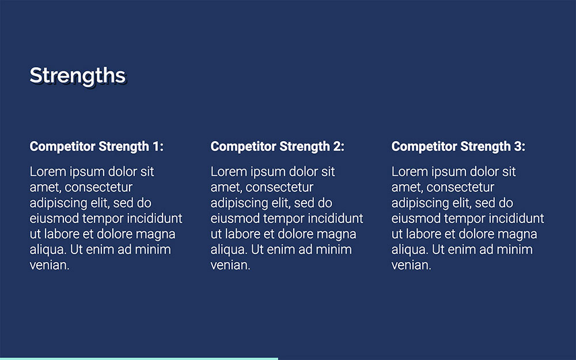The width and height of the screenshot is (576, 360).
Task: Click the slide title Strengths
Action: pyautogui.click(x=77, y=75)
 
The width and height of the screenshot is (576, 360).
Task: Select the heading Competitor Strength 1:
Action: pyautogui.click(x=96, y=146)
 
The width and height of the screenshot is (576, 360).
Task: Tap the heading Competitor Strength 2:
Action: pyautogui.click(x=277, y=146)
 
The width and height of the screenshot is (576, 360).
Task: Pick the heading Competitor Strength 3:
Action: pyautogui.click(x=458, y=146)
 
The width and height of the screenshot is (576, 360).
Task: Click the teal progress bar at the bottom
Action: pyautogui.click(x=139, y=358)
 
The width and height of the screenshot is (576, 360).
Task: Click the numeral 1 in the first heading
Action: pyautogui.click(x=156, y=146)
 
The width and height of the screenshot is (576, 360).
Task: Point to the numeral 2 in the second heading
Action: pyautogui.click(x=336, y=146)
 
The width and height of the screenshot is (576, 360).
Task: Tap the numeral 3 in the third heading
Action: pyautogui.click(x=517, y=146)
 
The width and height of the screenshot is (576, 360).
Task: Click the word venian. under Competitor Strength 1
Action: pyautogui.click(x=50, y=266)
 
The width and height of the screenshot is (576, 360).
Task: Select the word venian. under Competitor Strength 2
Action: pyautogui.click(x=230, y=266)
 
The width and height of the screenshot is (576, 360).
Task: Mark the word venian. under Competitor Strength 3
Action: pyautogui.click(x=411, y=266)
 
